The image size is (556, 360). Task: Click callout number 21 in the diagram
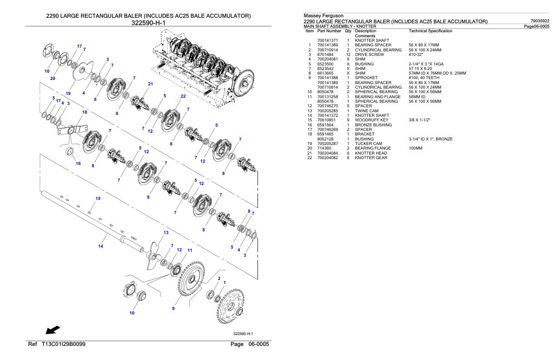(150, 84)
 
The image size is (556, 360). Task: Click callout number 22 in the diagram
(183, 96)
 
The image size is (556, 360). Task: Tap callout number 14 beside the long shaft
(100, 246)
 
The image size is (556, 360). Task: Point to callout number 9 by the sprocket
(173, 309)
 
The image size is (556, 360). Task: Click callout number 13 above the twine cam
(166, 232)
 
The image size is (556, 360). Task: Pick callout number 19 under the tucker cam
(68, 93)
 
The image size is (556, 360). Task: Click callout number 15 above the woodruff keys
(98, 198)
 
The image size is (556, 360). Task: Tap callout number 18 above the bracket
(84, 112)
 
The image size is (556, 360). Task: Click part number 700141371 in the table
(327, 40)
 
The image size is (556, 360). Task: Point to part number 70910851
(325, 120)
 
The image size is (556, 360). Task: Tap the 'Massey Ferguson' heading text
(320, 15)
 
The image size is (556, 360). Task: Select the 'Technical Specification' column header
(430, 31)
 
